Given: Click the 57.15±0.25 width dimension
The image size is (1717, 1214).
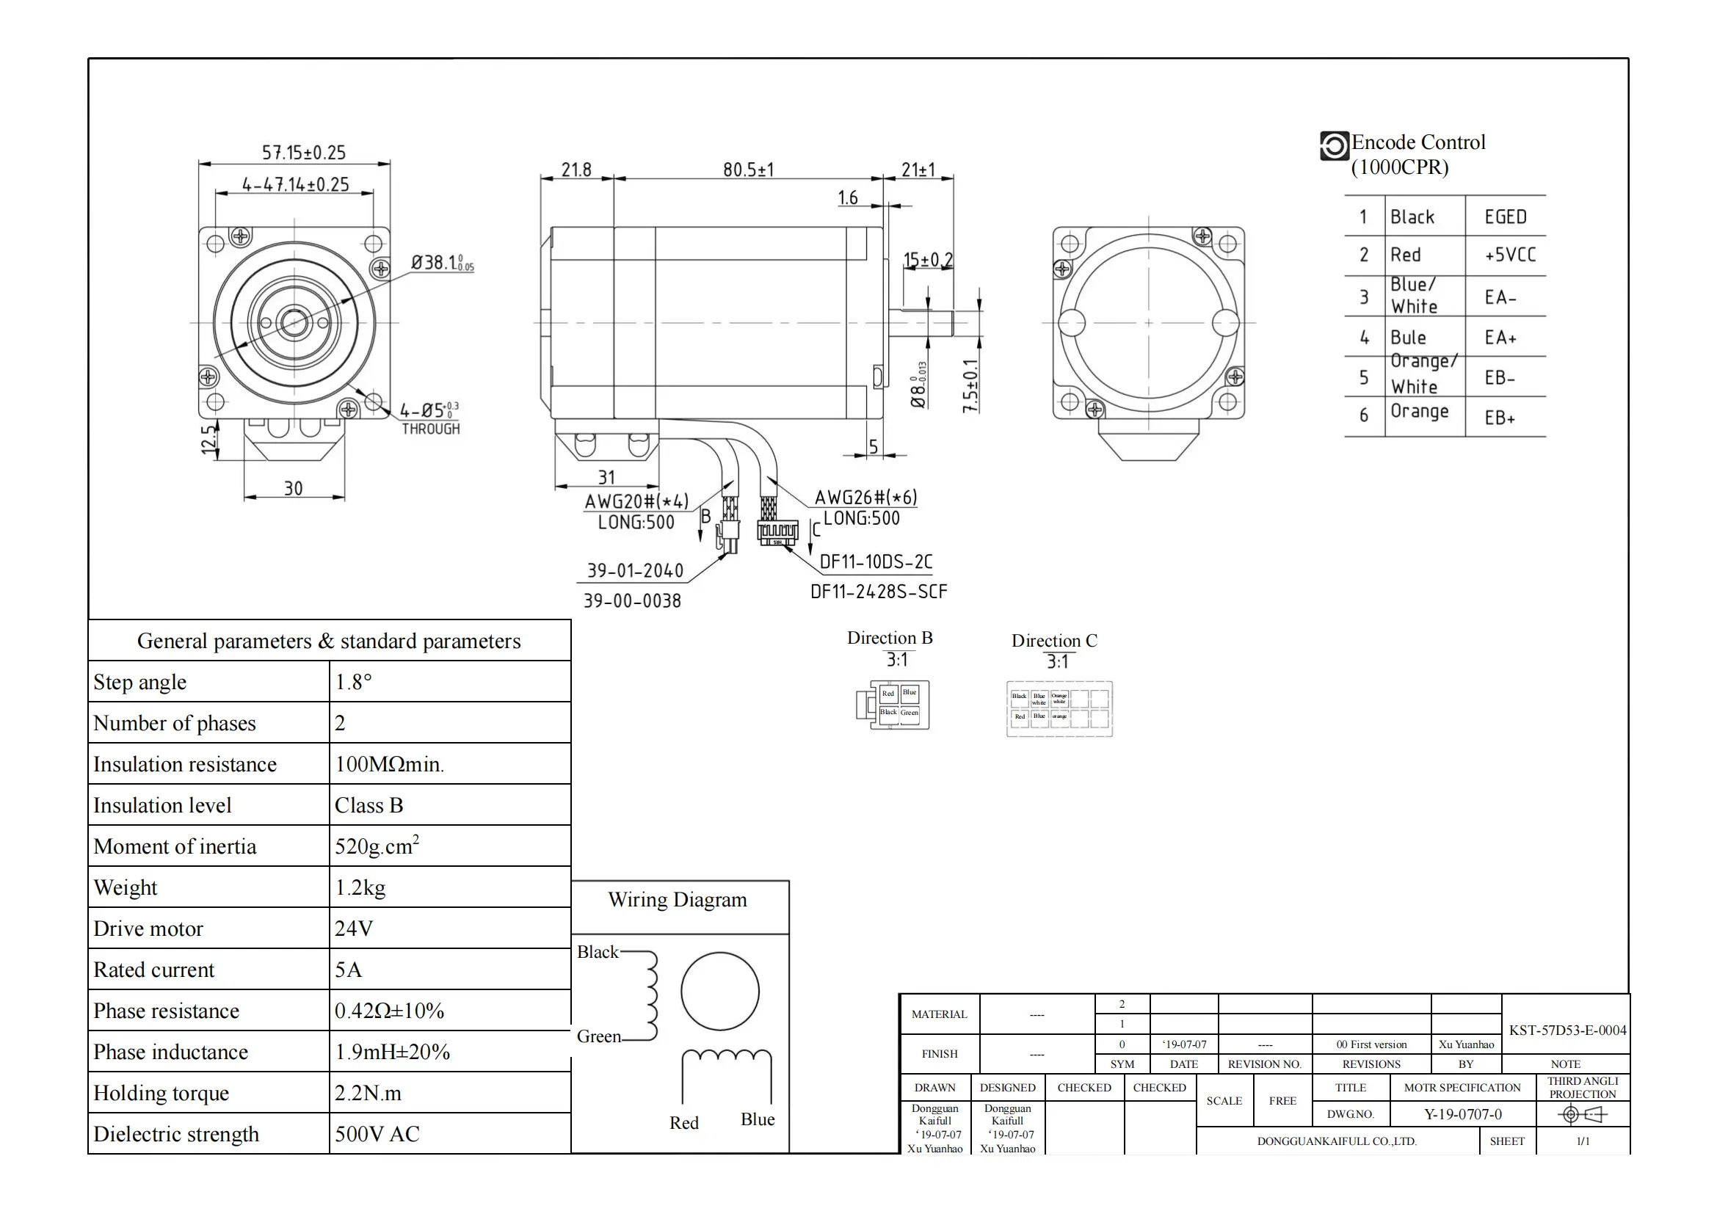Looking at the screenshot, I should click(x=304, y=153).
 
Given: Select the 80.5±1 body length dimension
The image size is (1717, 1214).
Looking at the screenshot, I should click(x=748, y=170).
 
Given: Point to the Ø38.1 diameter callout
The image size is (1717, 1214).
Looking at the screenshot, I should click(x=441, y=262).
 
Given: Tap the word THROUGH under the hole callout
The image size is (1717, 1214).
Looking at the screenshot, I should click(x=431, y=429).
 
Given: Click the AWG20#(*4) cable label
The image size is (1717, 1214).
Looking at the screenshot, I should click(x=636, y=501).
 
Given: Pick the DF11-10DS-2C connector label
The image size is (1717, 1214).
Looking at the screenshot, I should click(x=876, y=561).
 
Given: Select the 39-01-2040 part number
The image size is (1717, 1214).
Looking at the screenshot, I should click(x=635, y=570).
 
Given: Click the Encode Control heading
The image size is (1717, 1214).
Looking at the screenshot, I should click(x=1418, y=142).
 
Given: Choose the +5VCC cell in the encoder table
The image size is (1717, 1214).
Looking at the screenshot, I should click(x=1510, y=255).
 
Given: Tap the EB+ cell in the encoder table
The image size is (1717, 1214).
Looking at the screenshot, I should click(x=1500, y=418).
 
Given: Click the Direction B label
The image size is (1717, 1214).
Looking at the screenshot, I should click(x=889, y=638).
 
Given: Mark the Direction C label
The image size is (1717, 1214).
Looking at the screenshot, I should click(x=1053, y=641).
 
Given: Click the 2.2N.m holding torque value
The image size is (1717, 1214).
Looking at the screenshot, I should click(x=368, y=1093).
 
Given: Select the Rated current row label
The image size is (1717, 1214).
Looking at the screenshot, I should click(x=154, y=970).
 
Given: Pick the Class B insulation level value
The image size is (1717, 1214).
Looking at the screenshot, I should click(x=369, y=805).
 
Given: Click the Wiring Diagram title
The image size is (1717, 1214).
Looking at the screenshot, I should click(x=677, y=899).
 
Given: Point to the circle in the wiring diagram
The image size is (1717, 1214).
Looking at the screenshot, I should click(x=719, y=991).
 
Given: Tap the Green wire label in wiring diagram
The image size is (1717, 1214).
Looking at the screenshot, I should click(x=598, y=1036).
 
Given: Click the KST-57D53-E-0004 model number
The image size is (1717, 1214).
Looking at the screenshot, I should click(x=1567, y=1030).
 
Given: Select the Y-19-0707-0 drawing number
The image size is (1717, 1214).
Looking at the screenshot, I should click(x=1462, y=1114).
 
